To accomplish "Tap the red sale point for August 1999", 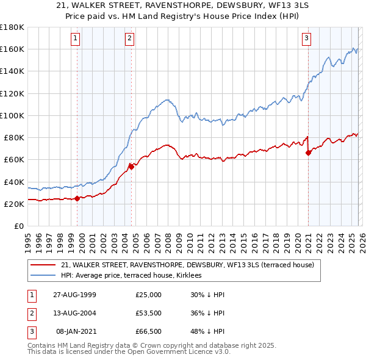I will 77,198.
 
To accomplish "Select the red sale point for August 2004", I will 131,166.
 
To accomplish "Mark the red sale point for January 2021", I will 308,153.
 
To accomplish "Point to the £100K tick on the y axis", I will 12,115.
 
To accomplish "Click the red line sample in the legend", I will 43,265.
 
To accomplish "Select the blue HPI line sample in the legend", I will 43,276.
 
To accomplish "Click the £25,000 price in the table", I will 148,295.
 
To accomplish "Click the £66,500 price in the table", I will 148,333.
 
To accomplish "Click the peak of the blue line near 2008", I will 167,99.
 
